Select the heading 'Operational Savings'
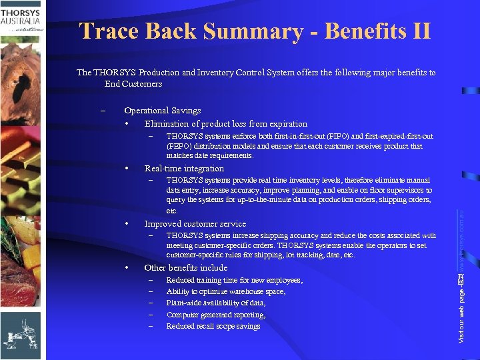pos(162,111)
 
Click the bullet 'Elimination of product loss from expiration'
pos(225,124)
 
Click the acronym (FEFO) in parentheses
pos(178,146)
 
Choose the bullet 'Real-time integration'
pos(184,169)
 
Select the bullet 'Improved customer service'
pos(195,224)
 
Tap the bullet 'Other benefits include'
pos(185,268)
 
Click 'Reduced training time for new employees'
pos(234,281)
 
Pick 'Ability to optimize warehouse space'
pos(225,292)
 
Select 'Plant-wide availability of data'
pos(215,303)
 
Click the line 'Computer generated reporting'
pos(215,315)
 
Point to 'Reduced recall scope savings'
pos(213,326)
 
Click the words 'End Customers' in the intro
pos(133,84)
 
